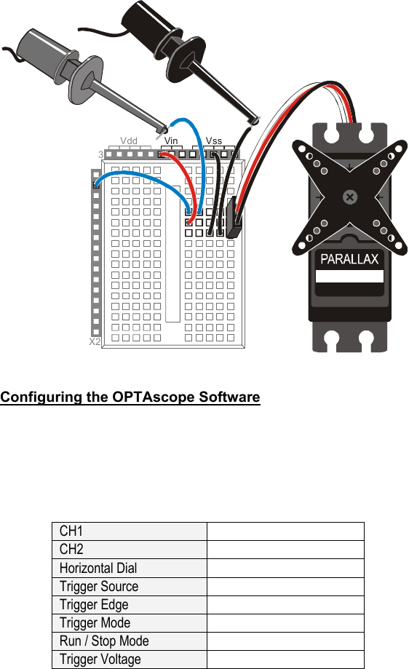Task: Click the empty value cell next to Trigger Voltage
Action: click(285, 659)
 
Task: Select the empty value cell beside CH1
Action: click(285, 531)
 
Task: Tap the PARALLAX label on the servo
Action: click(350, 260)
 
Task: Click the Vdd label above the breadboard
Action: click(129, 140)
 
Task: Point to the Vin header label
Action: click(171, 140)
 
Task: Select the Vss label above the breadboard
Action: click(214, 140)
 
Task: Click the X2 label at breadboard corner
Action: click(94, 341)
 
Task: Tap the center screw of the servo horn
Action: click(350, 197)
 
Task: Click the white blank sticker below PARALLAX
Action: click(350, 277)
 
